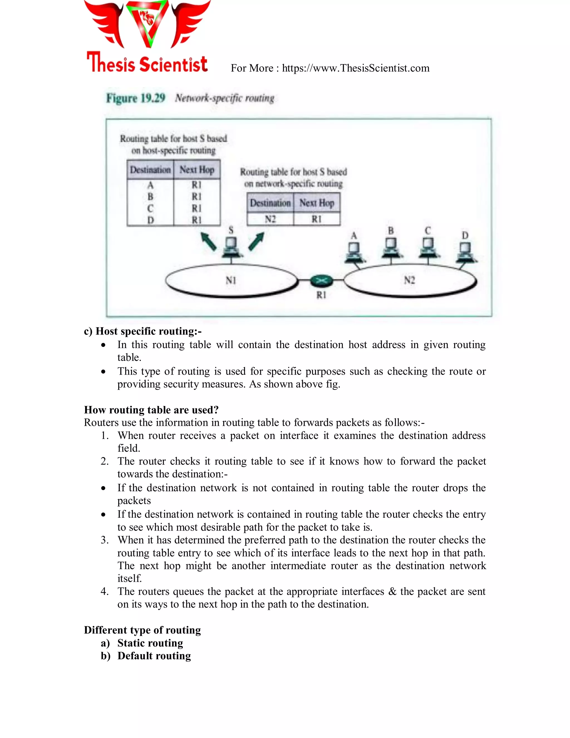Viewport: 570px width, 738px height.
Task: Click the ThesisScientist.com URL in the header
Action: coord(356,68)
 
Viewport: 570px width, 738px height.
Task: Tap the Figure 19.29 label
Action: coord(136,98)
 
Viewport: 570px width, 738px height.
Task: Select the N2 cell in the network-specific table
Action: coord(270,219)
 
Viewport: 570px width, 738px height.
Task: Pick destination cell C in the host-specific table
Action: coord(150,208)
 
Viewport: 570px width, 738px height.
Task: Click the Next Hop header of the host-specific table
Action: coord(197,169)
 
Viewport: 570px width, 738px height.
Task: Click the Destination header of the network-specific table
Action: coord(270,203)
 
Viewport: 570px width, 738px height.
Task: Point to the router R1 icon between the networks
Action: coord(321,280)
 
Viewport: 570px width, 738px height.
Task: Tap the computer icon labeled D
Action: coord(465,252)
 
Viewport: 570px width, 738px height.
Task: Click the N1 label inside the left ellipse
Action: coord(231,280)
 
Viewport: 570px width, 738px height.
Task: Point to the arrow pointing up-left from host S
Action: coord(208,241)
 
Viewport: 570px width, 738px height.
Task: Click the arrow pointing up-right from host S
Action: coord(256,241)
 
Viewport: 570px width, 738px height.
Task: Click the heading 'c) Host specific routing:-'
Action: coord(143,331)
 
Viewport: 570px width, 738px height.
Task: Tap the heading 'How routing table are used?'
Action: coord(151,410)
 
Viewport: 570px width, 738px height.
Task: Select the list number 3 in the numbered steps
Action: coord(104,540)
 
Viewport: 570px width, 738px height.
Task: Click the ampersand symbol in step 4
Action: coord(392,591)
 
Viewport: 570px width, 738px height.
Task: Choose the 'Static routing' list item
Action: coord(150,643)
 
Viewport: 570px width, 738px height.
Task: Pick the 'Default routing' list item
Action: coord(154,656)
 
